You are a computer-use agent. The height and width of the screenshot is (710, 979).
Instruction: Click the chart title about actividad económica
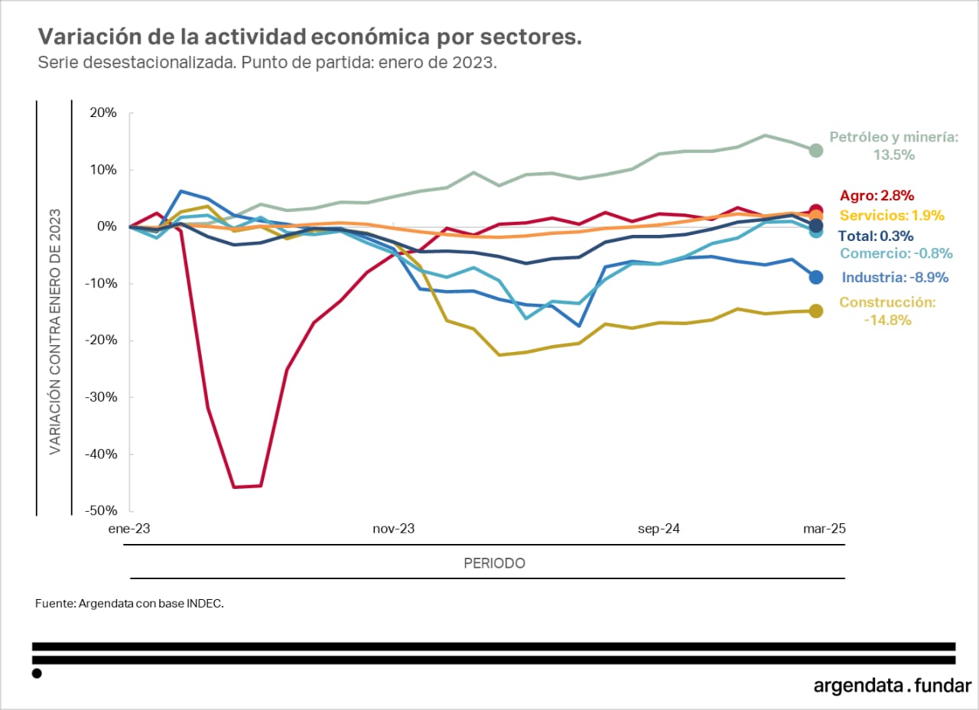[310, 37]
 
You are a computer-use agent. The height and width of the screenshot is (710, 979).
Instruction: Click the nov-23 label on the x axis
[393, 529]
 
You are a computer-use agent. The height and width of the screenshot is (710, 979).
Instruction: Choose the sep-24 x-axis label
[659, 529]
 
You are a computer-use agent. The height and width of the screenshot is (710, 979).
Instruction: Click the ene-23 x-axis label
[130, 529]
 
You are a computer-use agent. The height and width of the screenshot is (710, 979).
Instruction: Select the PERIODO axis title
[494, 564]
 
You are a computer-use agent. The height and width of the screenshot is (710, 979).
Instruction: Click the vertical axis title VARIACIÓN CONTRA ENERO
[55, 311]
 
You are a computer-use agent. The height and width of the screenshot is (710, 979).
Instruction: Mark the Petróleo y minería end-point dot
[816, 150]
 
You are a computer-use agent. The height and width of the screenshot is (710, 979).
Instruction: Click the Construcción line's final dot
[816, 311]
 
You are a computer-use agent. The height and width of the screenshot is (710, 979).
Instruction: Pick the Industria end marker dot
[816, 277]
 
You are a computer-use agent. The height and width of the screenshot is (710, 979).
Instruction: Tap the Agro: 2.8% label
[877, 196]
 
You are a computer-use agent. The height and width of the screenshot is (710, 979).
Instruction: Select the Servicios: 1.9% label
[892, 216]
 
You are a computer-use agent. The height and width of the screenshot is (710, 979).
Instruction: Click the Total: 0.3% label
[876, 236]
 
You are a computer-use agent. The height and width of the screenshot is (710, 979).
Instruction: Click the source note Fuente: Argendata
[129, 604]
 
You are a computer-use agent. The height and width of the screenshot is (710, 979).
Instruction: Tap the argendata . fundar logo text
[892, 686]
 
